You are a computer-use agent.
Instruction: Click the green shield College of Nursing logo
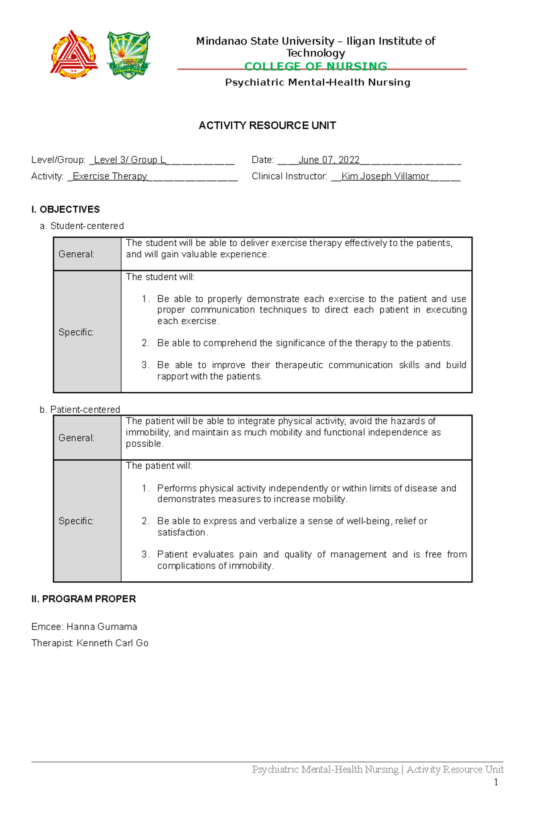pyautogui.click(x=128, y=55)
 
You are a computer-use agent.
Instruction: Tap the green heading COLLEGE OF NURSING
pyautogui.click(x=316, y=66)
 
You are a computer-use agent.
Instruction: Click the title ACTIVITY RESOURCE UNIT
pyautogui.click(x=267, y=126)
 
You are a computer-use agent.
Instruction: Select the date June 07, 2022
pyautogui.click(x=329, y=160)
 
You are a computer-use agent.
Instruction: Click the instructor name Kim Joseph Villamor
pyautogui.click(x=385, y=177)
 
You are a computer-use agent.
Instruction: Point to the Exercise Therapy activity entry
pyautogui.click(x=110, y=177)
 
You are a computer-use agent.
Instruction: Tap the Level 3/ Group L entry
pyautogui.click(x=130, y=160)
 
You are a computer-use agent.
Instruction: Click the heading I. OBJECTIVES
pyautogui.click(x=66, y=210)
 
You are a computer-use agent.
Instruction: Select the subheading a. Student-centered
pyautogui.click(x=82, y=226)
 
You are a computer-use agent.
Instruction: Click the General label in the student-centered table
pyautogui.click(x=76, y=254)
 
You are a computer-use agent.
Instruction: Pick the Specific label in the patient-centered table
pyautogui.click(x=76, y=521)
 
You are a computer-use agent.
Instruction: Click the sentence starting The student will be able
pyautogui.click(x=289, y=243)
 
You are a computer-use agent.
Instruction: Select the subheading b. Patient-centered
pyautogui.click(x=80, y=409)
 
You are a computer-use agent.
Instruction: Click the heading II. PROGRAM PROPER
pyautogui.click(x=83, y=599)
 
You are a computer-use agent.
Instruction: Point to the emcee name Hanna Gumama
pyautogui.click(x=102, y=627)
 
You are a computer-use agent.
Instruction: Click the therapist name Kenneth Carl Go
pyautogui.click(x=112, y=643)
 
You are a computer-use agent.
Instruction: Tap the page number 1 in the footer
pyautogui.click(x=496, y=782)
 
